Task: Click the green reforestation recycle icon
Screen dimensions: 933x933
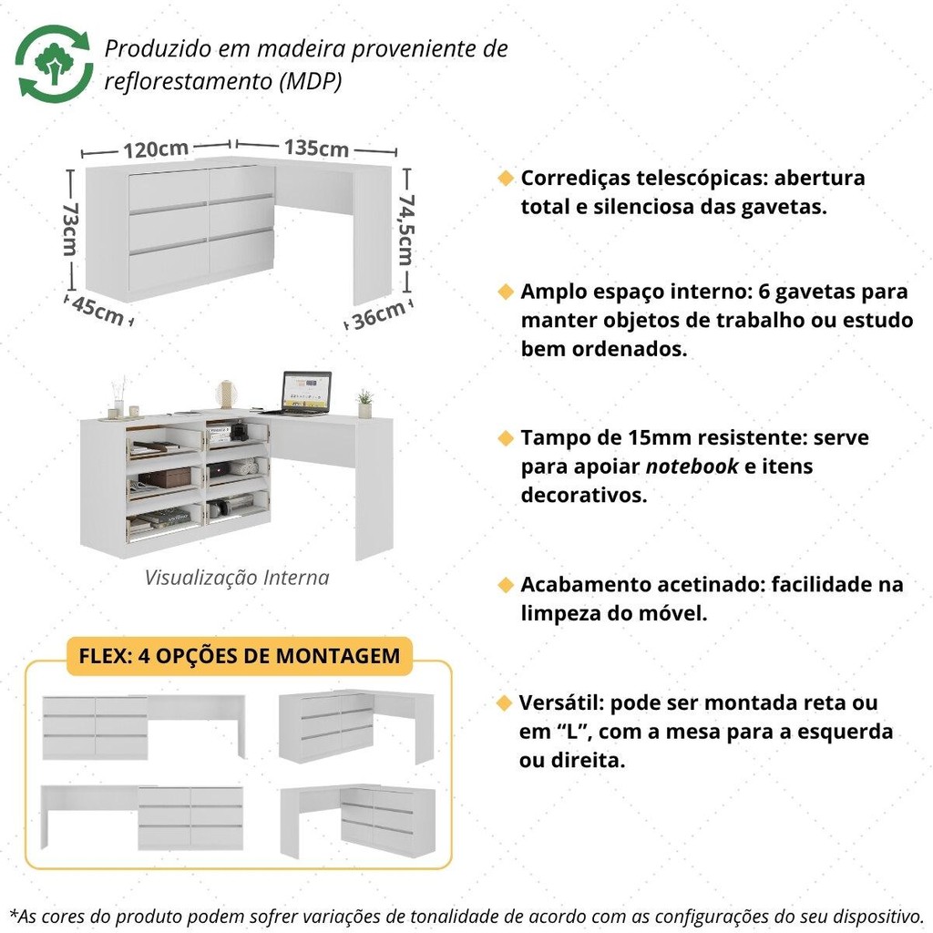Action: tap(54, 63)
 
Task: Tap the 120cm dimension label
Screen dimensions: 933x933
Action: tap(156, 149)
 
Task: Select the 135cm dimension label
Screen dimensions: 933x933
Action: tap(316, 148)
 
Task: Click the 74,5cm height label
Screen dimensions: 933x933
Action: tap(405, 229)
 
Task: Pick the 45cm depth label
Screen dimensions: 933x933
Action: tap(97, 311)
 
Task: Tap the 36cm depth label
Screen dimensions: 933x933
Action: tap(379, 315)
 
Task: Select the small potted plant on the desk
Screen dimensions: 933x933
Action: tap(364, 404)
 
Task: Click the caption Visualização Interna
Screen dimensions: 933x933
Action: tap(237, 577)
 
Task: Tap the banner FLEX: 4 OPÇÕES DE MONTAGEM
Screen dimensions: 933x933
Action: tap(240, 656)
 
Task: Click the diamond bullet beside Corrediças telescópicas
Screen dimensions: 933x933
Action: tap(506, 178)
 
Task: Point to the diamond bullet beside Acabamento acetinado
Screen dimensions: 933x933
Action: tap(506, 585)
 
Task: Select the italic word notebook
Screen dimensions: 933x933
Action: tap(692, 466)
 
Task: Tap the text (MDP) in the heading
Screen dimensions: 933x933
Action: tap(311, 81)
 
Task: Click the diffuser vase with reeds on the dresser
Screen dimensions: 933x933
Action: tap(119, 397)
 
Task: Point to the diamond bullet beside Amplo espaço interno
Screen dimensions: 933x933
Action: tap(506, 292)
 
